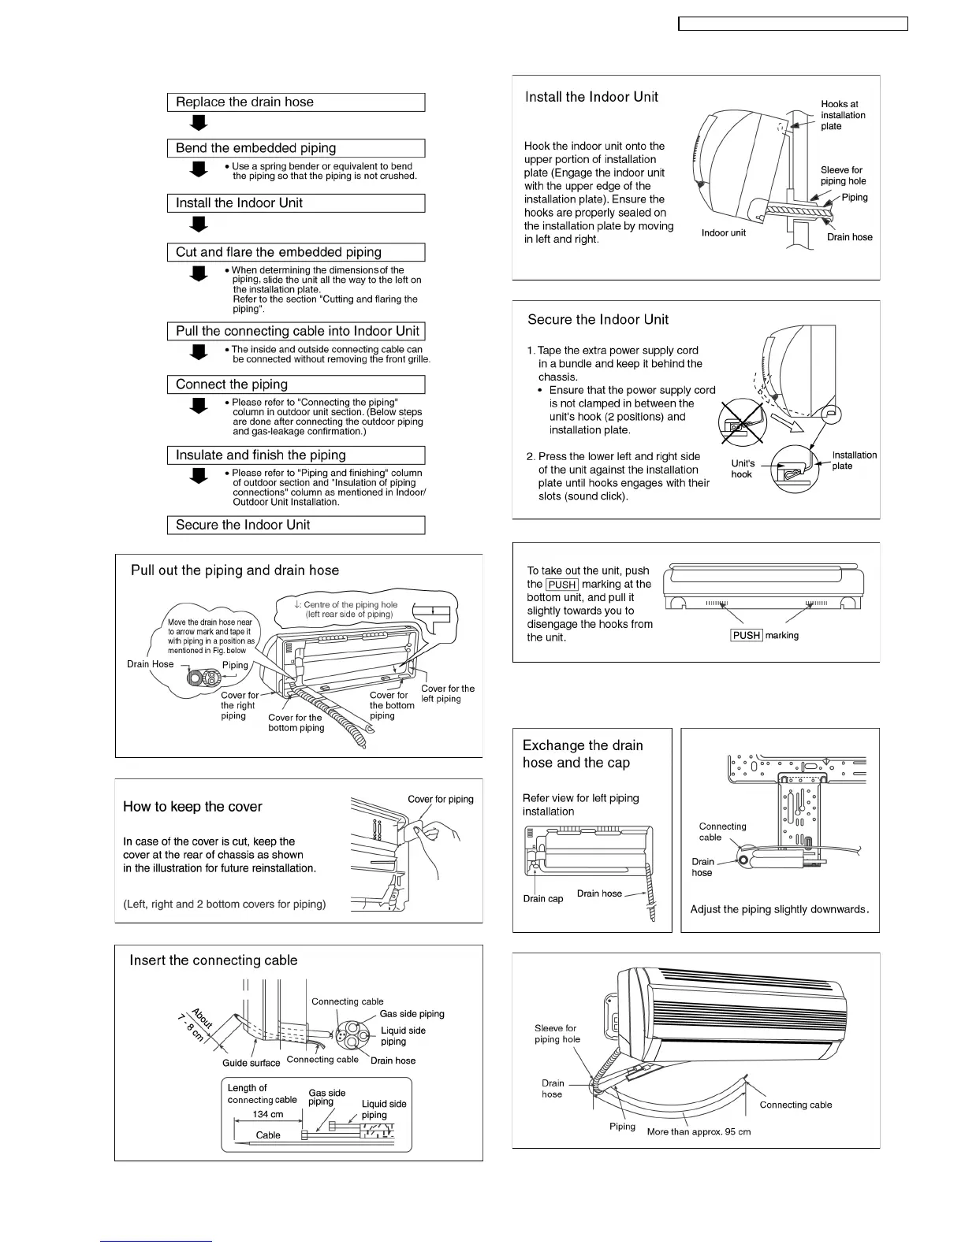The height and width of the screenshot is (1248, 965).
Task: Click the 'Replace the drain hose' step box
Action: pyautogui.click(x=296, y=102)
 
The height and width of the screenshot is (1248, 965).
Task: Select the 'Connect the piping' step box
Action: pyautogui.click(x=296, y=384)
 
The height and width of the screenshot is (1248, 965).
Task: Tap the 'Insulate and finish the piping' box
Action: pyautogui.click(x=296, y=455)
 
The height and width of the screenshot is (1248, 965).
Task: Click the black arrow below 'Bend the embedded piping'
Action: pyautogui.click(x=199, y=169)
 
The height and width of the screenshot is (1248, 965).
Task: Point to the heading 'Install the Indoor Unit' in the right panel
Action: pyautogui.click(x=591, y=97)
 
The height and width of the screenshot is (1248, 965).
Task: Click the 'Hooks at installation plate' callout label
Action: pyautogui.click(x=842, y=115)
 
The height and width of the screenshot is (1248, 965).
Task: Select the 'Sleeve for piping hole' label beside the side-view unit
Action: pyautogui.click(x=842, y=175)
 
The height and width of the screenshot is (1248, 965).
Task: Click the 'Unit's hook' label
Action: pyautogui.click(x=742, y=469)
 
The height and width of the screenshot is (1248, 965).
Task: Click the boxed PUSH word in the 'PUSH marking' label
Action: pyautogui.click(x=747, y=636)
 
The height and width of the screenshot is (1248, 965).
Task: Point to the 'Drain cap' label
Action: pyautogui.click(x=543, y=899)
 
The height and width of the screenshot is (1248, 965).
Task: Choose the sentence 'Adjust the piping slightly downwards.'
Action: pyautogui.click(x=779, y=909)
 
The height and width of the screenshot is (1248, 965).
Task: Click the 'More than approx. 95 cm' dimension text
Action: pyautogui.click(x=699, y=1132)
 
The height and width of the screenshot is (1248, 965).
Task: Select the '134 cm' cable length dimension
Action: pyautogui.click(x=268, y=1114)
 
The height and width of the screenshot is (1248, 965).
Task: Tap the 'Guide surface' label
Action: pyautogui.click(x=251, y=1063)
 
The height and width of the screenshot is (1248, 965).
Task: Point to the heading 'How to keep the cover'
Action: pyautogui.click(x=192, y=807)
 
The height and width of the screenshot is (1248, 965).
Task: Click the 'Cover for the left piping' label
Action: pyautogui.click(x=447, y=693)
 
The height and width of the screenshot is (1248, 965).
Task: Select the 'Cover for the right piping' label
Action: pyautogui.click(x=238, y=705)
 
